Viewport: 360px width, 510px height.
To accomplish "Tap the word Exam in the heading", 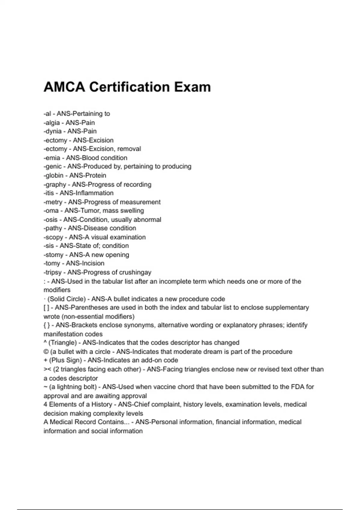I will [192, 87].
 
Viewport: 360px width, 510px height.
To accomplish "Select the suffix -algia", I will [52, 123].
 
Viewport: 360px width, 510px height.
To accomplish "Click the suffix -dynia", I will [52, 131].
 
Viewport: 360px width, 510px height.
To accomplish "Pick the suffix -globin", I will [53, 175].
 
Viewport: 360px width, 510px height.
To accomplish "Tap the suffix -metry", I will [53, 202].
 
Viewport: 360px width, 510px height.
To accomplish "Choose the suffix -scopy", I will [53, 237].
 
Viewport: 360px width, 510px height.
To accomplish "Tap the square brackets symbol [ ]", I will [46, 307].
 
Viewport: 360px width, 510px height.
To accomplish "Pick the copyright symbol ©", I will [46, 352].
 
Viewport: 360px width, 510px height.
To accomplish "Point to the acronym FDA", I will [298, 387].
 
